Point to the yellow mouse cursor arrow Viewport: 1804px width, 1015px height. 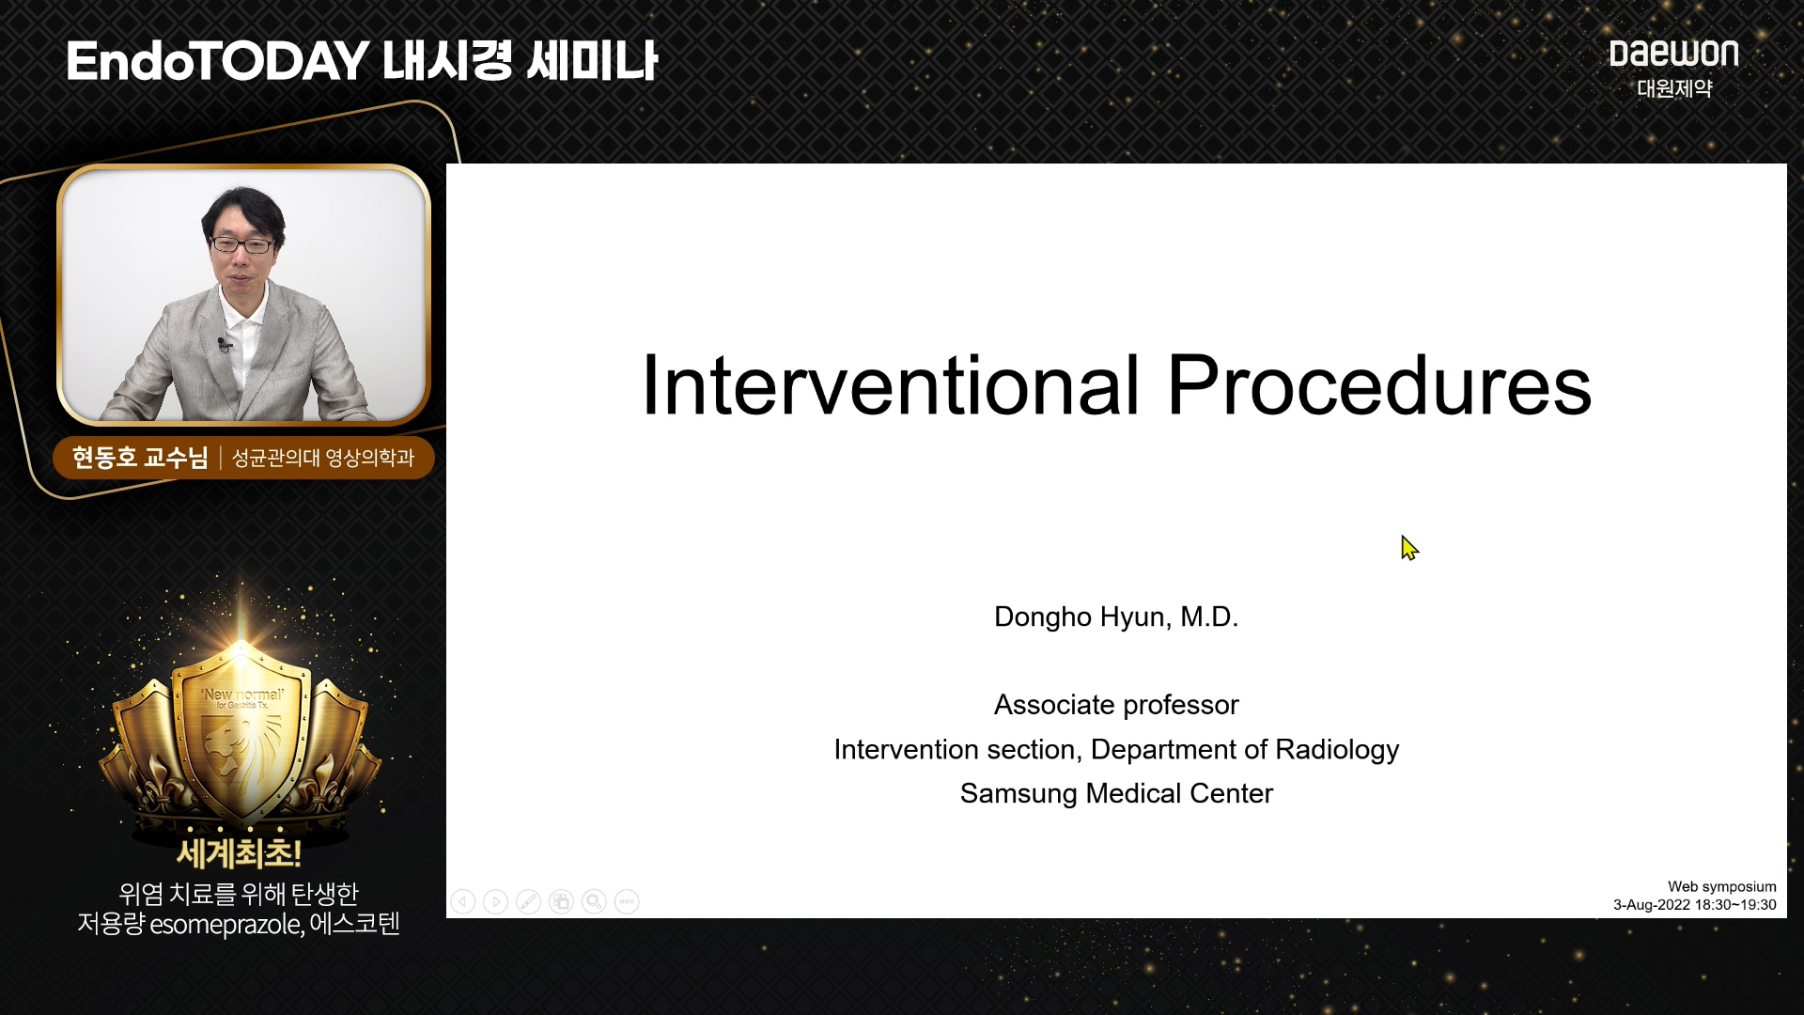1409,548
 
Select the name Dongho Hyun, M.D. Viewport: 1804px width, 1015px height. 1116,617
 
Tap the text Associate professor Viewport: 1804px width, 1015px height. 1116,705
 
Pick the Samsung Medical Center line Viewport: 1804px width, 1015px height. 1116,793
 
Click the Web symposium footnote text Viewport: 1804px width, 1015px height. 1721,886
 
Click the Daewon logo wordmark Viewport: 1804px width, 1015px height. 1673,54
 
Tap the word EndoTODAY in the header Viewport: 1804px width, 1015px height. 217,61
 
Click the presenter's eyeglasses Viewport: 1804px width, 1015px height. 242,245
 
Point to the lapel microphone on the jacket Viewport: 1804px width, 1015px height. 224,345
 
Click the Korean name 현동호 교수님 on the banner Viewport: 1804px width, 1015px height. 140,458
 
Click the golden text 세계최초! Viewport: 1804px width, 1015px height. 239,853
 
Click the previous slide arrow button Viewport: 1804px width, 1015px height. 463,902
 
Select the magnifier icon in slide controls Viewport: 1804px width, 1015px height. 594,902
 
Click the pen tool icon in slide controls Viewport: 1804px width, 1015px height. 528,902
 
